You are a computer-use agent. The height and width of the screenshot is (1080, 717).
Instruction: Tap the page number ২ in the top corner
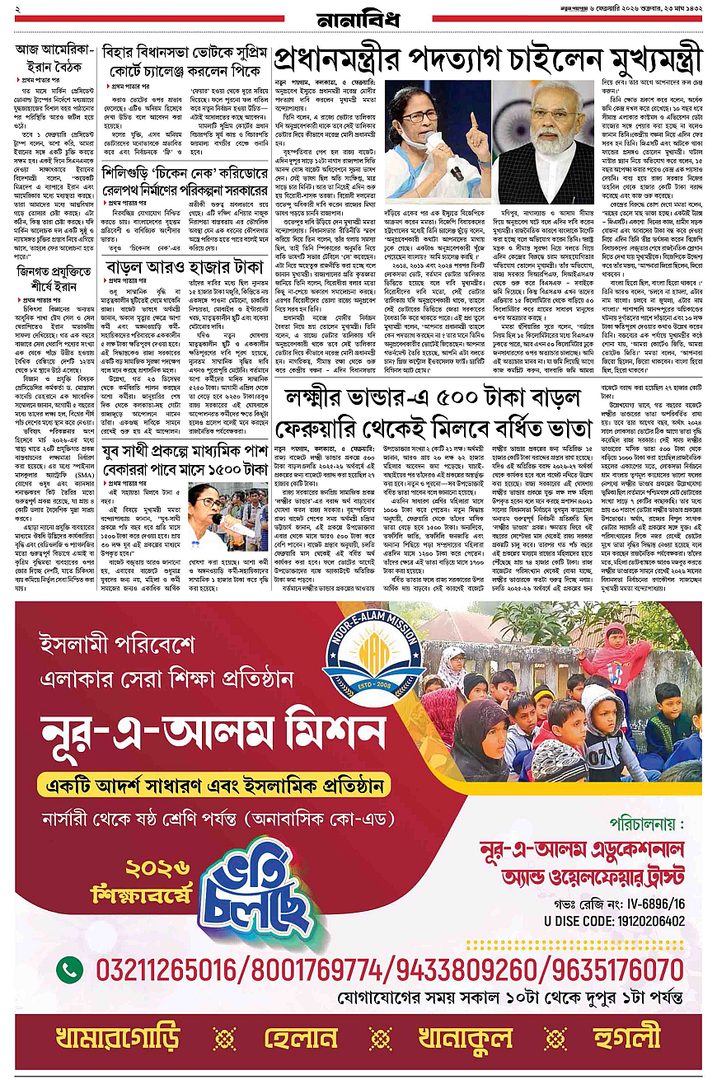[17, 7]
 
